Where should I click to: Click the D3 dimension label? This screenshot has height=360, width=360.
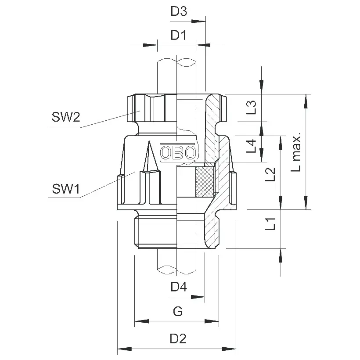click(x=179, y=12)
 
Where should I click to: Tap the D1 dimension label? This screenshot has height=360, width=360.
click(x=179, y=35)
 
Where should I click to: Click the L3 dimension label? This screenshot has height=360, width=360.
click(x=251, y=108)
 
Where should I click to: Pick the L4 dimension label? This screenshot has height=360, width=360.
click(x=251, y=146)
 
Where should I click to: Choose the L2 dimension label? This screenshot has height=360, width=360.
click(x=270, y=174)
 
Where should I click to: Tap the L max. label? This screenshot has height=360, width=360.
click(x=297, y=151)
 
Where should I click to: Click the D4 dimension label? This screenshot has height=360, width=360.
click(x=179, y=288)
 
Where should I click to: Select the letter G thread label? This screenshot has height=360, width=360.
click(x=177, y=312)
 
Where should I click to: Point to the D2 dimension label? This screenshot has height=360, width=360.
click(x=178, y=339)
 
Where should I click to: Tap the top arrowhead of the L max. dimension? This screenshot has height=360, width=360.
click(x=305, y=99)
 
